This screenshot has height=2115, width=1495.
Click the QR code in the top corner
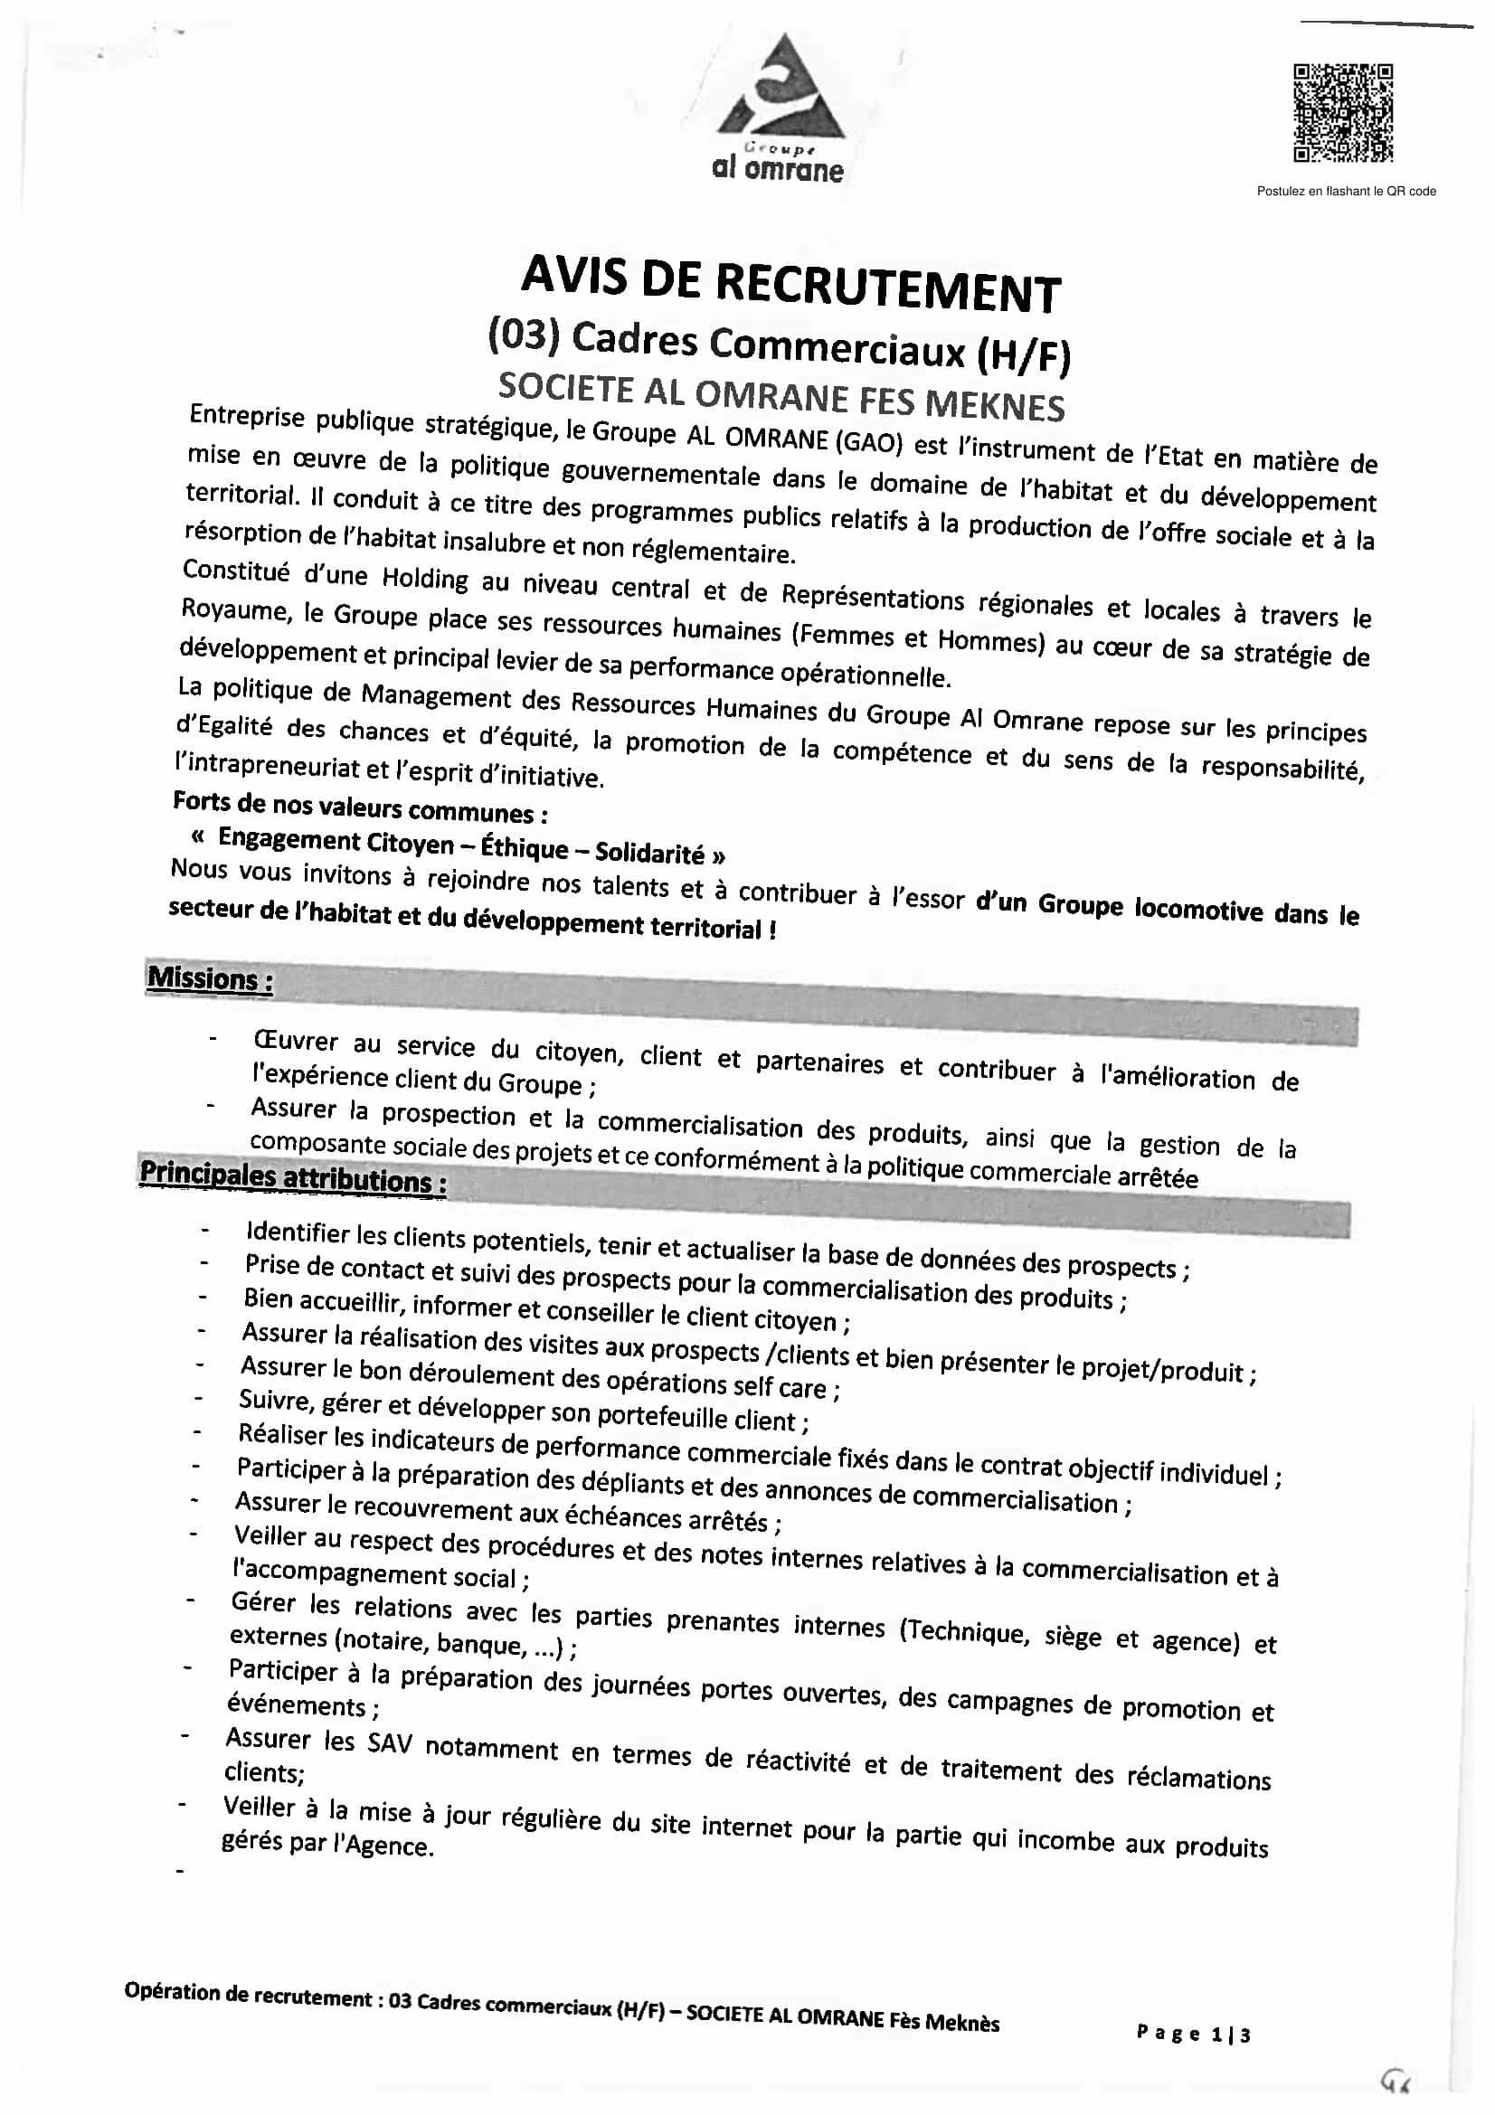coord(1343,113)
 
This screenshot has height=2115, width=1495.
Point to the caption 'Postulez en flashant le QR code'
coord(1346,192)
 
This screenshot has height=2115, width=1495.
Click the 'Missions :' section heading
coord(210,978)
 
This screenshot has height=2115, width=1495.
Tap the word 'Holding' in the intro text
coord(425,579)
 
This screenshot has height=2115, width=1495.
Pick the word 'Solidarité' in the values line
coord(649,853)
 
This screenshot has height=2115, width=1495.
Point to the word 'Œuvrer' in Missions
coord(296,1041)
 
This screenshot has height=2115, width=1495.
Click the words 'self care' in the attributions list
coord(780,1386)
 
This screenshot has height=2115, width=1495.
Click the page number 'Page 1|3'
coord(1193,2034)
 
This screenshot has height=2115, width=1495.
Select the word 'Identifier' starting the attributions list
coord(298,1232)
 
